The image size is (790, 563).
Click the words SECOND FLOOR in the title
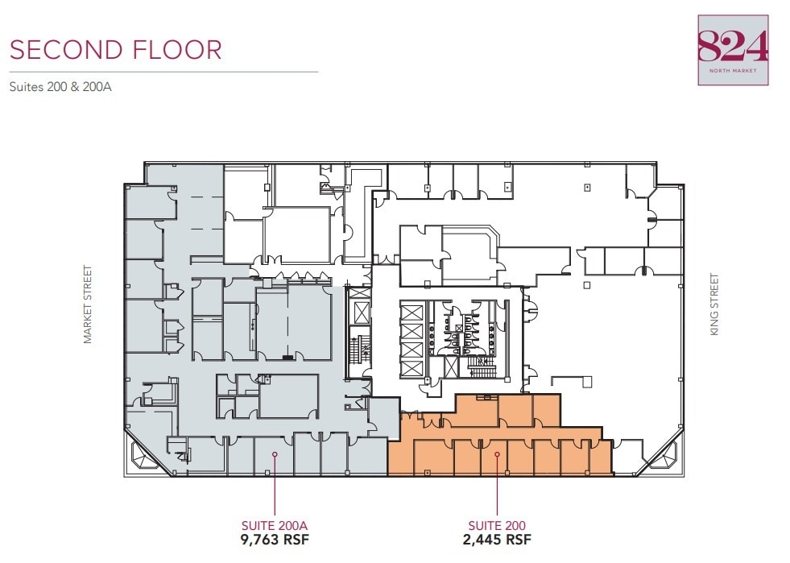[x=116, y=50]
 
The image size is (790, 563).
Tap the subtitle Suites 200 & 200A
[x=60, y=86]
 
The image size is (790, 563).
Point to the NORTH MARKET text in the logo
[x=733, y=70]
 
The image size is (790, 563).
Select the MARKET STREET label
[x=89, y=305]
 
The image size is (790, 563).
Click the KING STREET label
[x=714, y=305]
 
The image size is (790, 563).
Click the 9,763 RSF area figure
[x=275, y=540]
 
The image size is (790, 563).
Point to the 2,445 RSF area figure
[x=498, y=540]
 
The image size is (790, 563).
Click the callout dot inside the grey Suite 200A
[x=275, y=454]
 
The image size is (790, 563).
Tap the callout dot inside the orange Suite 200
[x=498, y=454]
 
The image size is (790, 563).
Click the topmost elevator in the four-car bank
[x=412, y=312]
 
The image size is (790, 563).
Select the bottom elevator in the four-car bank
[x=412, y=368]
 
